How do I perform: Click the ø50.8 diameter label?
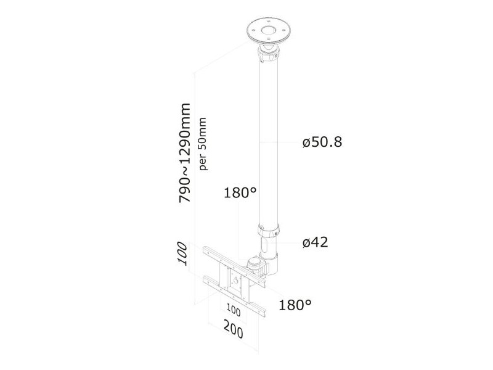322,142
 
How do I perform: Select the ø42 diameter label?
315,242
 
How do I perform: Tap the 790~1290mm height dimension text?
184,152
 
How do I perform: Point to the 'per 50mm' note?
203,144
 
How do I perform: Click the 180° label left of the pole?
240,192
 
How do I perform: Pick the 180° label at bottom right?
295,305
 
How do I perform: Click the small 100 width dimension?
234,311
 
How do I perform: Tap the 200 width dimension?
234,329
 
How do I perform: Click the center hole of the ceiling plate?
268,31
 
